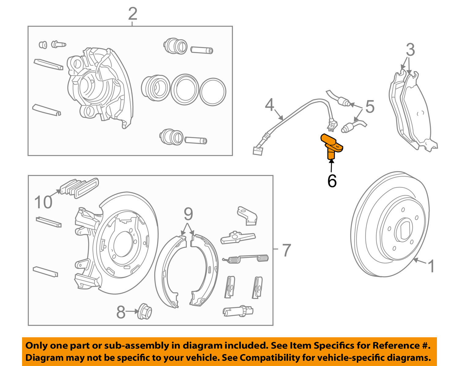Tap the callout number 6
pyautogui.click(x=332, y=181)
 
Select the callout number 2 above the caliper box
pyautogui.click(x=132, y=14)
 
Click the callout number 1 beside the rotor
pyautogui.click(x=431, y=266)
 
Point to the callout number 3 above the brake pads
pyautogui.click(x=410, y=50)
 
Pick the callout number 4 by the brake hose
pyautogui.click(x=269, y=105)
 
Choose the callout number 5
pyautogui.click(x=370, y=107)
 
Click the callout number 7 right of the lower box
pyautogui.click(x=286, y=250)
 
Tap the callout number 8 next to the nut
pyautogui.click(x=121, y=312)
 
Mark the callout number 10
pyautogui.click(x=43, y=202)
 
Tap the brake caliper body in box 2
pyautogui.click(x=98, y=86)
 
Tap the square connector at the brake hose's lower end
pyautogui.click(x=258, y=151)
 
